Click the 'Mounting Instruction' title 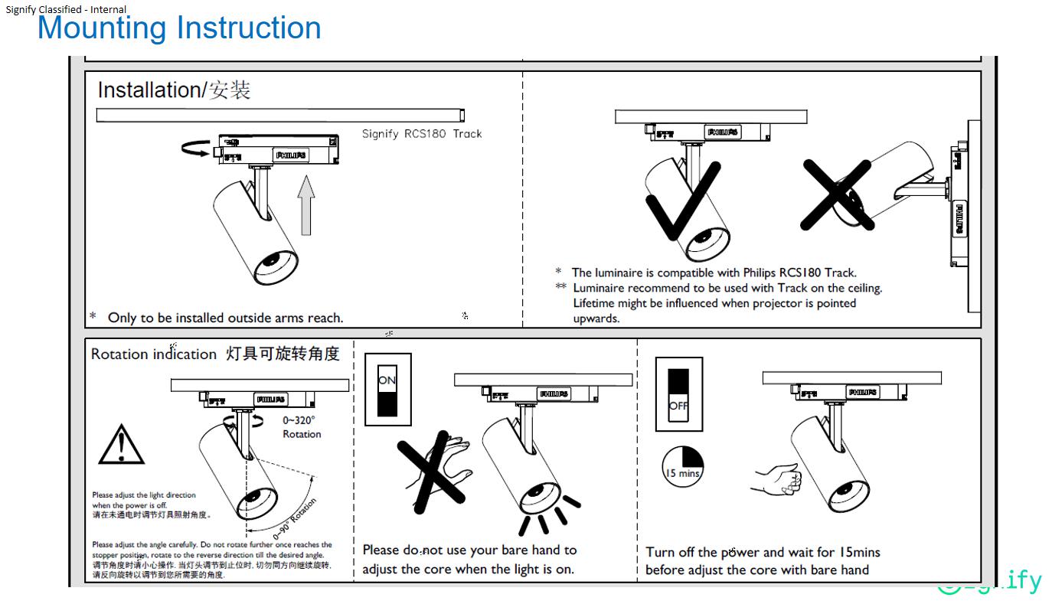pyautogui.click(x=179, y=28)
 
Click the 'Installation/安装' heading pyautogui.click(x=174, y=90)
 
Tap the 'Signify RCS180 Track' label pyautogui.click(x=422, y=134)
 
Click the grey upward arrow pyautogui.click(x=306, y=204)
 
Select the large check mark pyautogui.click(x=681, y=199)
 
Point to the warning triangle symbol pyautogui.click(x=121, y=444)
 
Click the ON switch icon pyautogui.click(x=387, y=390)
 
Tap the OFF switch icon pyautogui.click(x=678, y=393)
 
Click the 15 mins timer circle pyautogui.click(x=682, y=466)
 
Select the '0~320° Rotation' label pyautogui.click(x=301, y=427)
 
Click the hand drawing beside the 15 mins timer pyautogui.click(x=778, y=480)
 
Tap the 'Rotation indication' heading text pyautogui.click(x=154, y=354)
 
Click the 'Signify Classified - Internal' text pyautogui.click(x=67, y=9)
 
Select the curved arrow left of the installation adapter pyautogui.click(x=196, y=147)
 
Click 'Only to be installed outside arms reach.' pyautogui.click(x=225, y=318)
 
